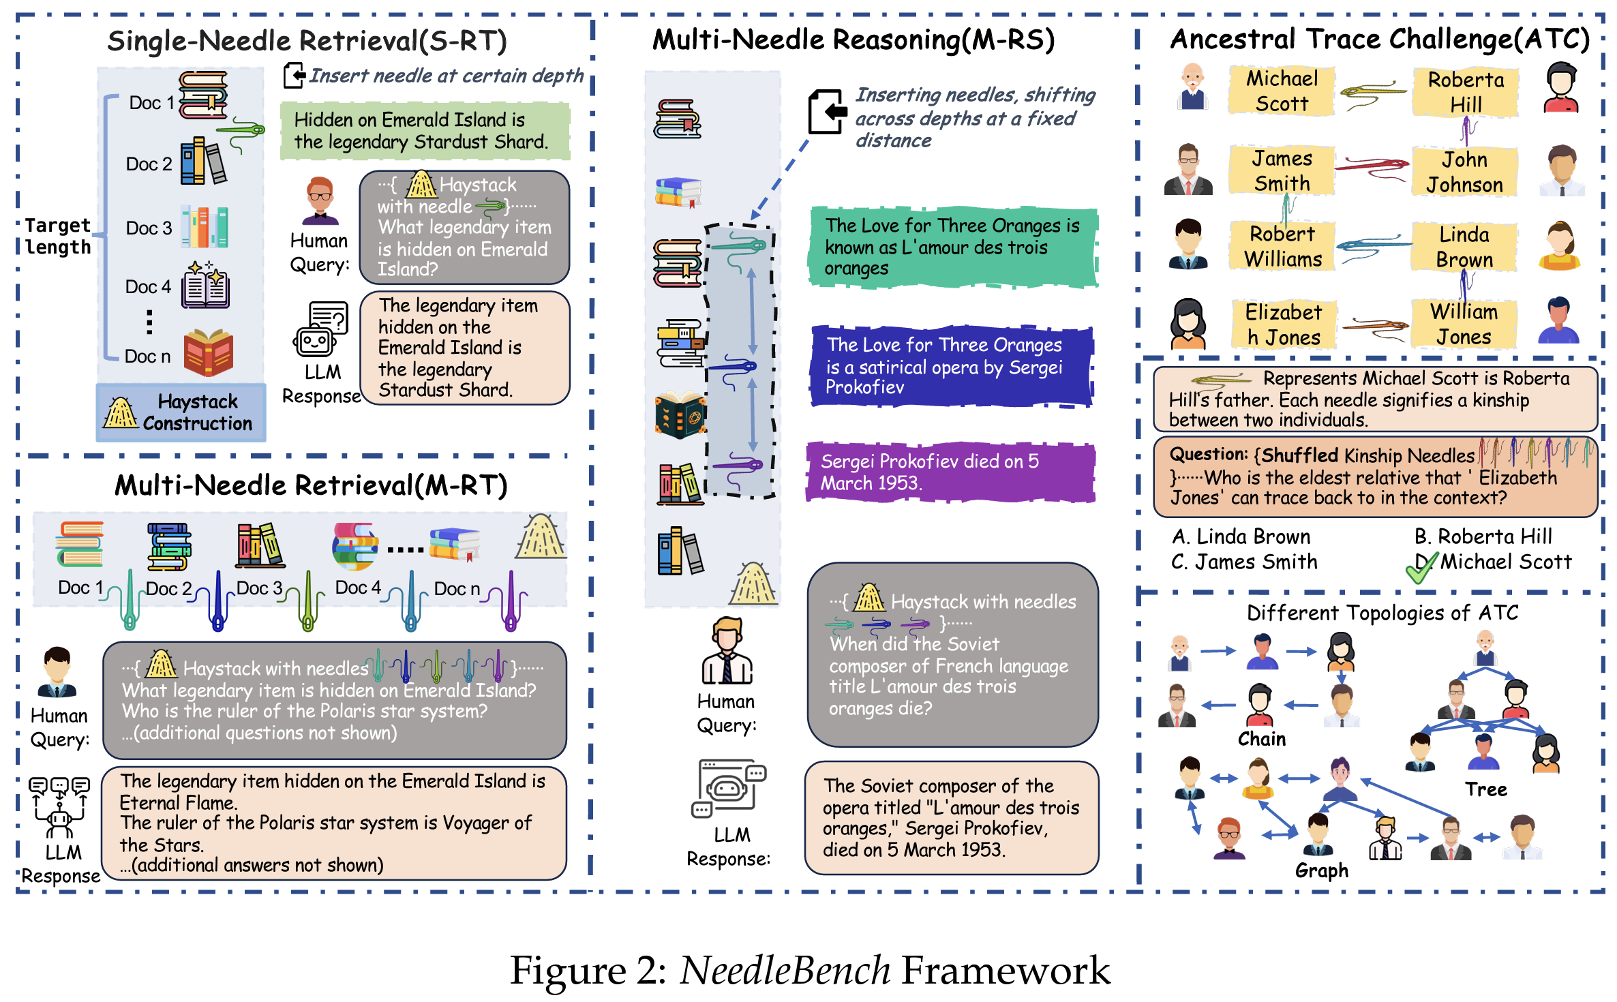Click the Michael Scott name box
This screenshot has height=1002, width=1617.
tap(1281, 91)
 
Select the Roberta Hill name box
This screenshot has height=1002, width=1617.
tap(1465, 92)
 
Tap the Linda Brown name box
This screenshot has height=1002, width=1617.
tap(1464, 247)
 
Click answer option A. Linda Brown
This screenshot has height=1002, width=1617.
tap(1241, 537)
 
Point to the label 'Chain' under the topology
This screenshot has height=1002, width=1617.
tap(1261, 739)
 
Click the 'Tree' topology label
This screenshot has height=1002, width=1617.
tap(1485, 789)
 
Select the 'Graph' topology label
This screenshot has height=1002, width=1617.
tap(1321, 870)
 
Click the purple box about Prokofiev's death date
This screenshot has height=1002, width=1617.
tap(950, 472)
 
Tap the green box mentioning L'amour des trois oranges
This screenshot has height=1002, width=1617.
tap(952, 247)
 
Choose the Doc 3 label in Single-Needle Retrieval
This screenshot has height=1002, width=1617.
tap(149, 228)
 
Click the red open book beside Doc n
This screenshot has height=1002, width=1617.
tap(209, 352)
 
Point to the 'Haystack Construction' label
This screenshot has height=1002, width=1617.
tap(181, 412)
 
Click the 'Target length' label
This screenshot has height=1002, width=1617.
tap(58, 236)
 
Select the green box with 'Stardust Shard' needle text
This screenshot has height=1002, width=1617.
tap(425, 131)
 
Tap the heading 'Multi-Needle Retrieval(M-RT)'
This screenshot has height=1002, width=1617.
tap(311, 485)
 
